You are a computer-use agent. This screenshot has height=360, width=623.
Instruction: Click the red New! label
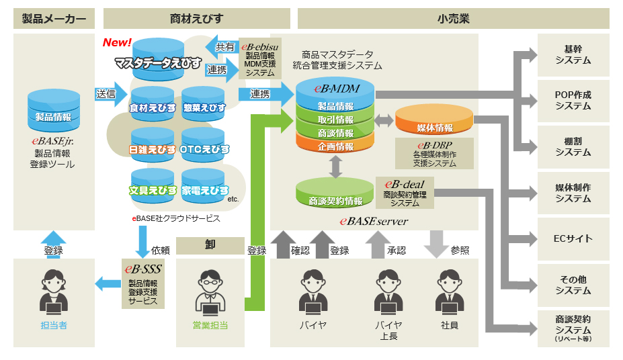[116, 43]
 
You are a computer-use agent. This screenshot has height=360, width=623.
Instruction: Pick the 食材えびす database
[153, 103]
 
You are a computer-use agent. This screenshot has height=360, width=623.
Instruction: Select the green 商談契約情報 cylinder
[335, 195]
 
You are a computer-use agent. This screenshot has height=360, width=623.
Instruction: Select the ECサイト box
[573, 238]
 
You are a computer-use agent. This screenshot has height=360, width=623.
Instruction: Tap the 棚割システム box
[573, 146]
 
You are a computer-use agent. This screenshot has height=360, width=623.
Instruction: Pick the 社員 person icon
[449, 293]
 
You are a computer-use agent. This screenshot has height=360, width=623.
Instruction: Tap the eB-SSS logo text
[142, 269]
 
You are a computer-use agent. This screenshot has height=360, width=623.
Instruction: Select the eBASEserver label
[374, 220]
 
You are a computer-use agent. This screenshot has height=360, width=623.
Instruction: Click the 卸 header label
[210, 246]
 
